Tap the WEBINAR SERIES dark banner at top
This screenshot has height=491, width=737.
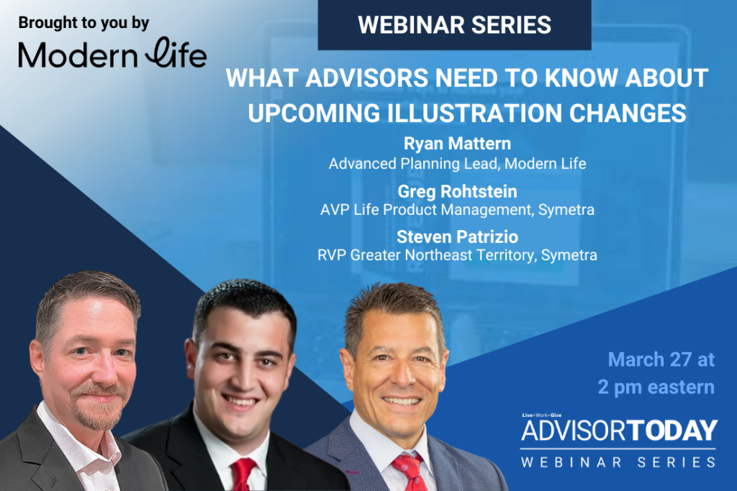pyautogui.click(x=455, y=25)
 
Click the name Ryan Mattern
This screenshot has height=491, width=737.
pyautogui.click(x=457, y=143)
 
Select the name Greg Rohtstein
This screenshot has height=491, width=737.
pyautogui.click(x=457, y=191)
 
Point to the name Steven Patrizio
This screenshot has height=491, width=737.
pyautogui.click(x=457, y=237)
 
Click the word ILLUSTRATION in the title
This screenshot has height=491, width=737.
pyautogui.click(x=471, y=113)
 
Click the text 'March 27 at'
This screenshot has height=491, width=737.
pyautogui.click(x=661, y=359)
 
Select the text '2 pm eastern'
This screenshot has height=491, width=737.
pyautogui.click(x=656, y=387)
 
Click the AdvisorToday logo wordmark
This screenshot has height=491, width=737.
pyautogui.click(x=619, y=431)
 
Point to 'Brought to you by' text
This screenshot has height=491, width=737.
pyautogui.click(x=83, y=22)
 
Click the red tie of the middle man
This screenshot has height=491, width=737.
pyautogui.click(x=243, y=474)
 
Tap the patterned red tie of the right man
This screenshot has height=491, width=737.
pyautogui.click(x=410, y=472)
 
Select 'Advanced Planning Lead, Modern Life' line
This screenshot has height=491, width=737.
pyautogui.click(x=457, y=164)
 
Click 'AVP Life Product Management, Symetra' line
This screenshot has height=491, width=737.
pyautogui.click(x=457, y=210)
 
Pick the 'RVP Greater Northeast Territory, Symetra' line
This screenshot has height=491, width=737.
pyautogui.click(x=457, y=255)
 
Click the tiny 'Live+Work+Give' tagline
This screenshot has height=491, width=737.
pyautogui.click(x=541, y=416)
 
